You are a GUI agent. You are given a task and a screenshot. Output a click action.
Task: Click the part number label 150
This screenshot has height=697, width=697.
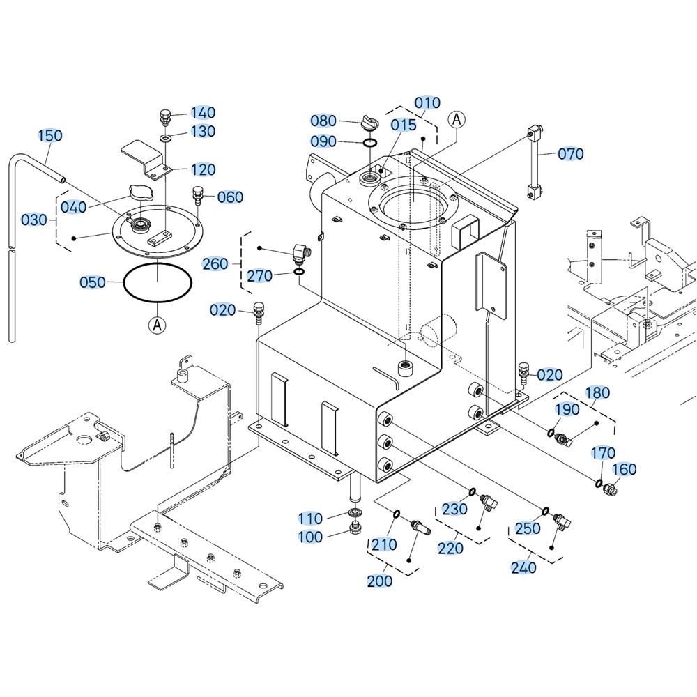coord(49,136)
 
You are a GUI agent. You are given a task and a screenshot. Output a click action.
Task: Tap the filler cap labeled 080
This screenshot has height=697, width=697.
coord(368,122)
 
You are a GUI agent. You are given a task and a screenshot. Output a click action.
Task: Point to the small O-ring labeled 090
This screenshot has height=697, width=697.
coord(371,143)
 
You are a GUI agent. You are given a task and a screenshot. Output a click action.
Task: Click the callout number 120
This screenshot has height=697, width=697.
coord(203,169)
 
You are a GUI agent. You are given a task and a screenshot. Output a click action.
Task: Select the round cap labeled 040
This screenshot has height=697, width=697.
coord(139,192)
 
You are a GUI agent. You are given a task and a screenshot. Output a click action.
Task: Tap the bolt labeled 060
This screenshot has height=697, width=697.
coord(197,196)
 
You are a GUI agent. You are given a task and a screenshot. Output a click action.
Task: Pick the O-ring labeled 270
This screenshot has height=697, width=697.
coord(299,272)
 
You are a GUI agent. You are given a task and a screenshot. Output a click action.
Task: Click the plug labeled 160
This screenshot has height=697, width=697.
coord(609,489)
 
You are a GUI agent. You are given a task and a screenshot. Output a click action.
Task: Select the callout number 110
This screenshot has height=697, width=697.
coord(310,519)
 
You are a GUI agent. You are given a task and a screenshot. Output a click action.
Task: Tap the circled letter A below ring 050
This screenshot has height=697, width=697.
coord(158,325)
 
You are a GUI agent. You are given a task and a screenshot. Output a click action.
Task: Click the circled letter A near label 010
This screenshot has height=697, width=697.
coord(457,119)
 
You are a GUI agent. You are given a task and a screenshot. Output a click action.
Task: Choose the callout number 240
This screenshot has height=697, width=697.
coord(523,567)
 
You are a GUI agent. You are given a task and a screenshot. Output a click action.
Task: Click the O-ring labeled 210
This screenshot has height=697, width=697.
coord(396,514)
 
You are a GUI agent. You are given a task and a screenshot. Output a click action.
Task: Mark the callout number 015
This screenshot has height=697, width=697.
coord(404,125)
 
